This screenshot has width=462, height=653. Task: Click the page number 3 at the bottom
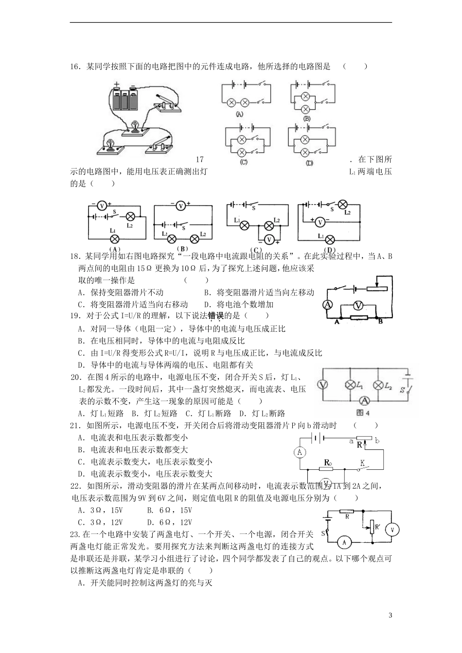click(x=391, y=616)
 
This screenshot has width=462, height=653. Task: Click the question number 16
click(x=76, y=67)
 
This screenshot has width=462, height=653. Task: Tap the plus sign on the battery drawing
click(x=117, y=85)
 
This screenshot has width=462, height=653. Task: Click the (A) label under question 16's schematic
click(x=239, y=114)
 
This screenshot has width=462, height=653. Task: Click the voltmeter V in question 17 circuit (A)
click(x=102, y=206)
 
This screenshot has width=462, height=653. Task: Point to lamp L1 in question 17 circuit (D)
click(x=330, y=239)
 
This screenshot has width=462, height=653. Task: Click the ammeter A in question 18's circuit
click(x=328, y=305)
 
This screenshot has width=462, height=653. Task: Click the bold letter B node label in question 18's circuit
click(x=381, y=321)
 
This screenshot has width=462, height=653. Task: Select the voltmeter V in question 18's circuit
click(x=358, y=305)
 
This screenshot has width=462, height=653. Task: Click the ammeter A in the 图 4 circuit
click(x=363, y=400)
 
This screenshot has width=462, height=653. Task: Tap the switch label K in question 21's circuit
click(x=362, y=464)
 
